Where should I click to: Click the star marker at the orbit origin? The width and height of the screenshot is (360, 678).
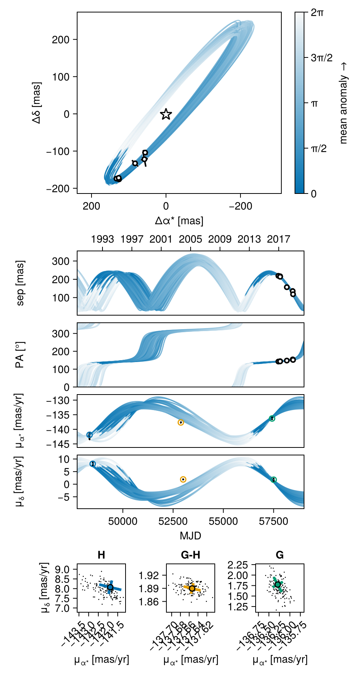(166, 114)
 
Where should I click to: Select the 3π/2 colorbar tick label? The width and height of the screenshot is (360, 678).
(321, 58)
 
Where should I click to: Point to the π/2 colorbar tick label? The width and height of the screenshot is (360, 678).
(318, 149)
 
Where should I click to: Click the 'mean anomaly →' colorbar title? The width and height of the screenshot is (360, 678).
(343, 103)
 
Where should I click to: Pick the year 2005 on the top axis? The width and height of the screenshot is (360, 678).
(191, 239)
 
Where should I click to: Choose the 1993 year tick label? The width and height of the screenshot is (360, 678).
(102, 239)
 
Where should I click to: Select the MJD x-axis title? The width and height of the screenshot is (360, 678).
(190, 536)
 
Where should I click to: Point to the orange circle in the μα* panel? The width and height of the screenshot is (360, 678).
(181, 422)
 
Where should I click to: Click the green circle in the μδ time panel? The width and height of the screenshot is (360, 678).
(274, 480)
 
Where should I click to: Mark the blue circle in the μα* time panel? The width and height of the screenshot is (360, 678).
(90, 435)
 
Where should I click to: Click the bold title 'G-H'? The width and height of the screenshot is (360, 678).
(191, 555)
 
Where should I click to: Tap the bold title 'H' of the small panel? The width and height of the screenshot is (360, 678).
(101, 555)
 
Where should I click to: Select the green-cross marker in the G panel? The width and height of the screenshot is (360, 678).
(278, 584)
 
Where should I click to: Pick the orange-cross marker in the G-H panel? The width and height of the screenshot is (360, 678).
(192, 588)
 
